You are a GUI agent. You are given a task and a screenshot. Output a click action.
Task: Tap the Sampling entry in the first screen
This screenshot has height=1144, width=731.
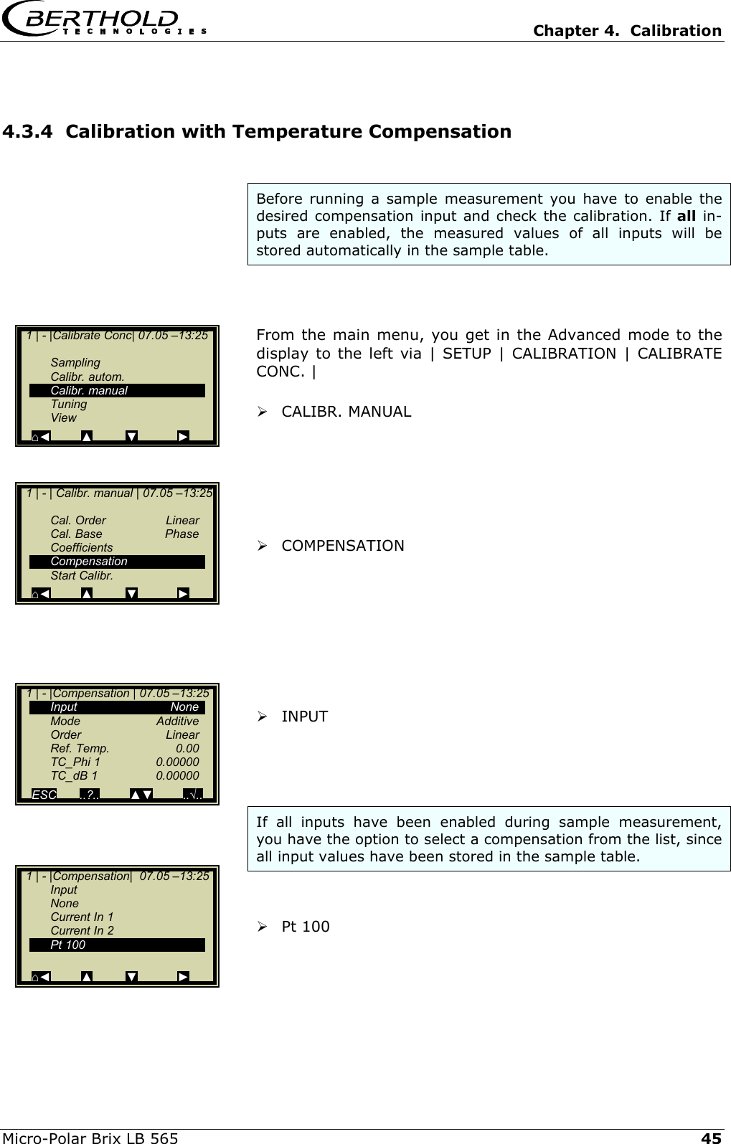pyautogui.click(x=75, y=362)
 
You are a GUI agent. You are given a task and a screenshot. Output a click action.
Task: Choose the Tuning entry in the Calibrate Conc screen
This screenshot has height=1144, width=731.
pyautogui.click(x=69, y=404)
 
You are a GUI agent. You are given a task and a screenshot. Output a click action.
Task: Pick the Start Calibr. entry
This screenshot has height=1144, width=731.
pyautogui.click(x=82, y=575)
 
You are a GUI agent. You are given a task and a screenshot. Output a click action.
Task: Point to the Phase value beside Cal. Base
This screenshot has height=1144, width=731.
pyautogui.click(x=181, y=534)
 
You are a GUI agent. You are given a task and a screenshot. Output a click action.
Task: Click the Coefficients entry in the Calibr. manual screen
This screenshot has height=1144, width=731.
pyautogui.click(x=82, y=547)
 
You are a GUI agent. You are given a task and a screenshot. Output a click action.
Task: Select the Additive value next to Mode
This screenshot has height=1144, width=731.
pyautogui.click(x=177, y=721)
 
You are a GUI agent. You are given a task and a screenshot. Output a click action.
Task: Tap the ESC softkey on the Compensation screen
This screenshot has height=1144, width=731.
pyautogui.click(x=44, y=795)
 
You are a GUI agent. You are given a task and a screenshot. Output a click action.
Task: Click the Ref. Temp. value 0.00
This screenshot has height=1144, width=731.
pyautogui.click(x=187, y=748)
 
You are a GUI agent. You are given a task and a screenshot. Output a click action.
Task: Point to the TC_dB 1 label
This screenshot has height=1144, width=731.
pyautogui.click(x=74, y=775)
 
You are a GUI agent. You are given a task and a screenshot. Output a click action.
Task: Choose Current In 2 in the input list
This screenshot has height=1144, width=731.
pyautogui.click(x=82, y=930)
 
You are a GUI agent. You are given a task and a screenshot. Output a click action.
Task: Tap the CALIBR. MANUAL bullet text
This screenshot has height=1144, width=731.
pyautogui.click(x=346, y=412)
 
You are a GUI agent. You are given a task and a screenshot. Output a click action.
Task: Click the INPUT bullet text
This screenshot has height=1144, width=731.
pyautogui.click(x=304, y=717)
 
